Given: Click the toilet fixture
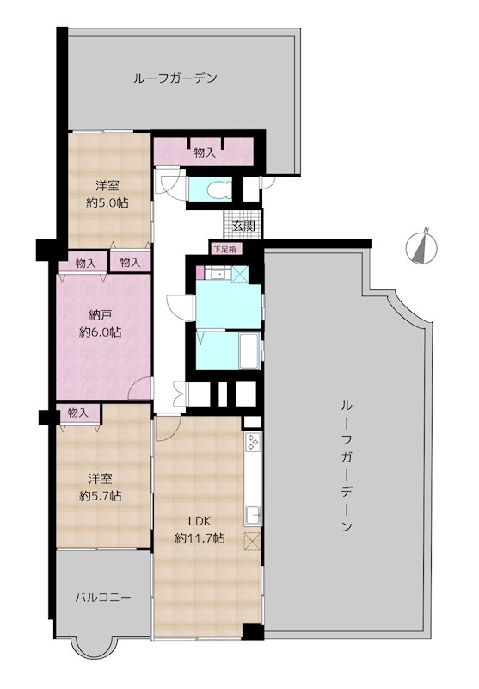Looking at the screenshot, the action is tap(217, 189).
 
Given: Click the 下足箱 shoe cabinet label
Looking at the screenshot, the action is tap(224, 249).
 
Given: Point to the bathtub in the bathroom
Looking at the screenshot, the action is tap(249, 351).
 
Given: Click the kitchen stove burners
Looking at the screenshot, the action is tap(253, 442).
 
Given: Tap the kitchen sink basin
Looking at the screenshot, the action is tap(253, 515).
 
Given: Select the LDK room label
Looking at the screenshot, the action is tap(200, 521).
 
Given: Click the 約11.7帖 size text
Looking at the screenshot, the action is tap(200, 537).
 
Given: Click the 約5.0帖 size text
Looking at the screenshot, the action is tap(107, 202).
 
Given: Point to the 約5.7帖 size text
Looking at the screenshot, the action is tap(101, 495).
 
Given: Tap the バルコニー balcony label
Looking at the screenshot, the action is tap(102, 598).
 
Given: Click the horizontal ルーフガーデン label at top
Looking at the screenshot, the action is tap(175, 78).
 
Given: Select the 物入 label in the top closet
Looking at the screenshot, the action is tap(205, 152).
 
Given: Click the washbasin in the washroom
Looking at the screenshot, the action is tap(216, 274).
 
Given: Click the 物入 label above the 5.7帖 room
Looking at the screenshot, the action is tap(78, 413).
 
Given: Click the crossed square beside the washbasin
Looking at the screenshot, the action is tap(239, 275).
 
